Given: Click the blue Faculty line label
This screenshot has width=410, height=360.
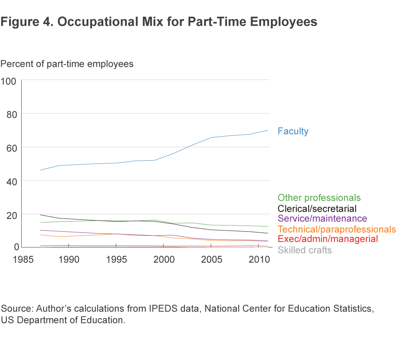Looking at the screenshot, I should (293, 131).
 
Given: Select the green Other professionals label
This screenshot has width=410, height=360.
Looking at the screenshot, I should (319, 198).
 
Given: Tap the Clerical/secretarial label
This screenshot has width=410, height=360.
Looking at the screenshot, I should (317, 208).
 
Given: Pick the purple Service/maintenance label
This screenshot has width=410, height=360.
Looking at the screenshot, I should (322, 218).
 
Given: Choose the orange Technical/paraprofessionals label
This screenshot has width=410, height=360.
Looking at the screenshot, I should (336, 229).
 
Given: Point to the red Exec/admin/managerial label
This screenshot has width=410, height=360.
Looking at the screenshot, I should (328, 239).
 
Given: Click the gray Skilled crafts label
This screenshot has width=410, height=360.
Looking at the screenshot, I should (305, 250).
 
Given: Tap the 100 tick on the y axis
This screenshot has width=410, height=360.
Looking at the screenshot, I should (8, 81).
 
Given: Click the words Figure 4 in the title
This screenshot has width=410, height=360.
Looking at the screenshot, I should (25, 22).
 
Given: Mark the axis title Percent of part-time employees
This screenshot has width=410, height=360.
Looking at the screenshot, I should (67, 64).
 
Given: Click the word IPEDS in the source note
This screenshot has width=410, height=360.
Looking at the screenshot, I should (170, 309).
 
